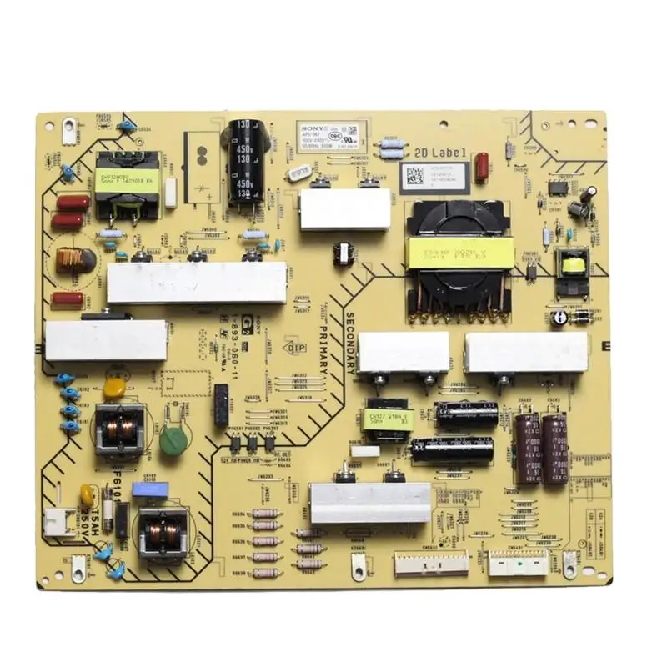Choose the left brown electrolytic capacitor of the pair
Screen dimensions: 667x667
tap(527, 449)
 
